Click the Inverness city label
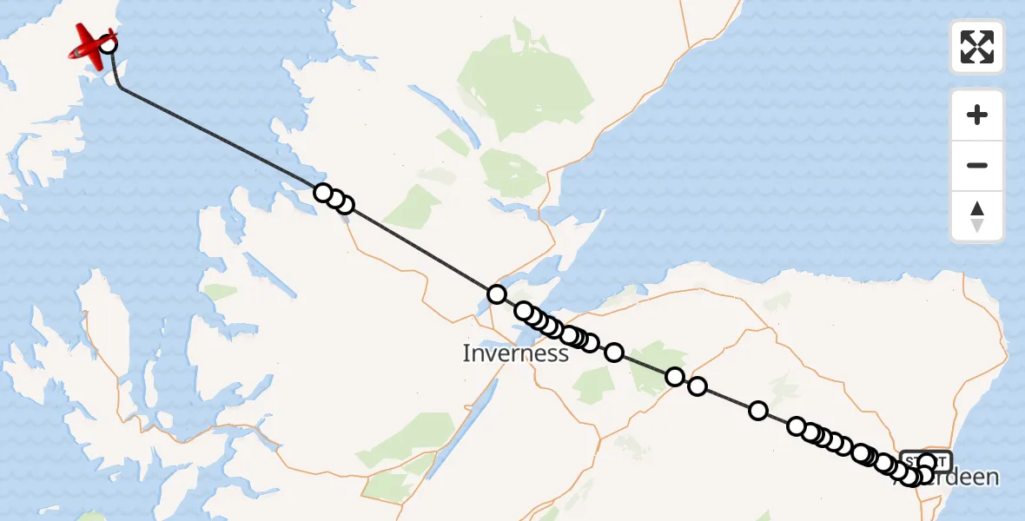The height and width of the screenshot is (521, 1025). [515, 353]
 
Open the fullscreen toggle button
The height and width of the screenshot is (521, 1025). [977, 47]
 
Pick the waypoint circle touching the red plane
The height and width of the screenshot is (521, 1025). [108, 42]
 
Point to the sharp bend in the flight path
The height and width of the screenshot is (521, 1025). [119, 87]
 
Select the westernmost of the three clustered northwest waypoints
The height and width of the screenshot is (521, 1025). [322, 192]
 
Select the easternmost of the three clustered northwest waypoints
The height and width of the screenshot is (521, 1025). [345, 205]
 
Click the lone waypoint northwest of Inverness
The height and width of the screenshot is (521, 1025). [496, 294]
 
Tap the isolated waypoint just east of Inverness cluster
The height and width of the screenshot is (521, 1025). [614, 352]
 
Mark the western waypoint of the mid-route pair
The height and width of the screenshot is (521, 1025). [675, 377]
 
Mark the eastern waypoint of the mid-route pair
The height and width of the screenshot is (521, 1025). [697, 386]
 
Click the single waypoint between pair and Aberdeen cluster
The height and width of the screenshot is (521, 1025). [758, 411]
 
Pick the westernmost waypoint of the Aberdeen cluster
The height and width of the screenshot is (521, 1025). [797, 425]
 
